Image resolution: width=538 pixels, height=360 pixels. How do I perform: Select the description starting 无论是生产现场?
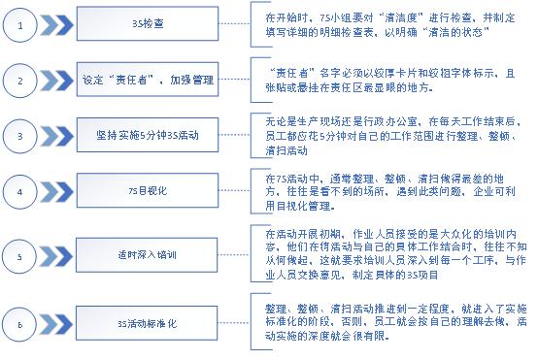(394, 136)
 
